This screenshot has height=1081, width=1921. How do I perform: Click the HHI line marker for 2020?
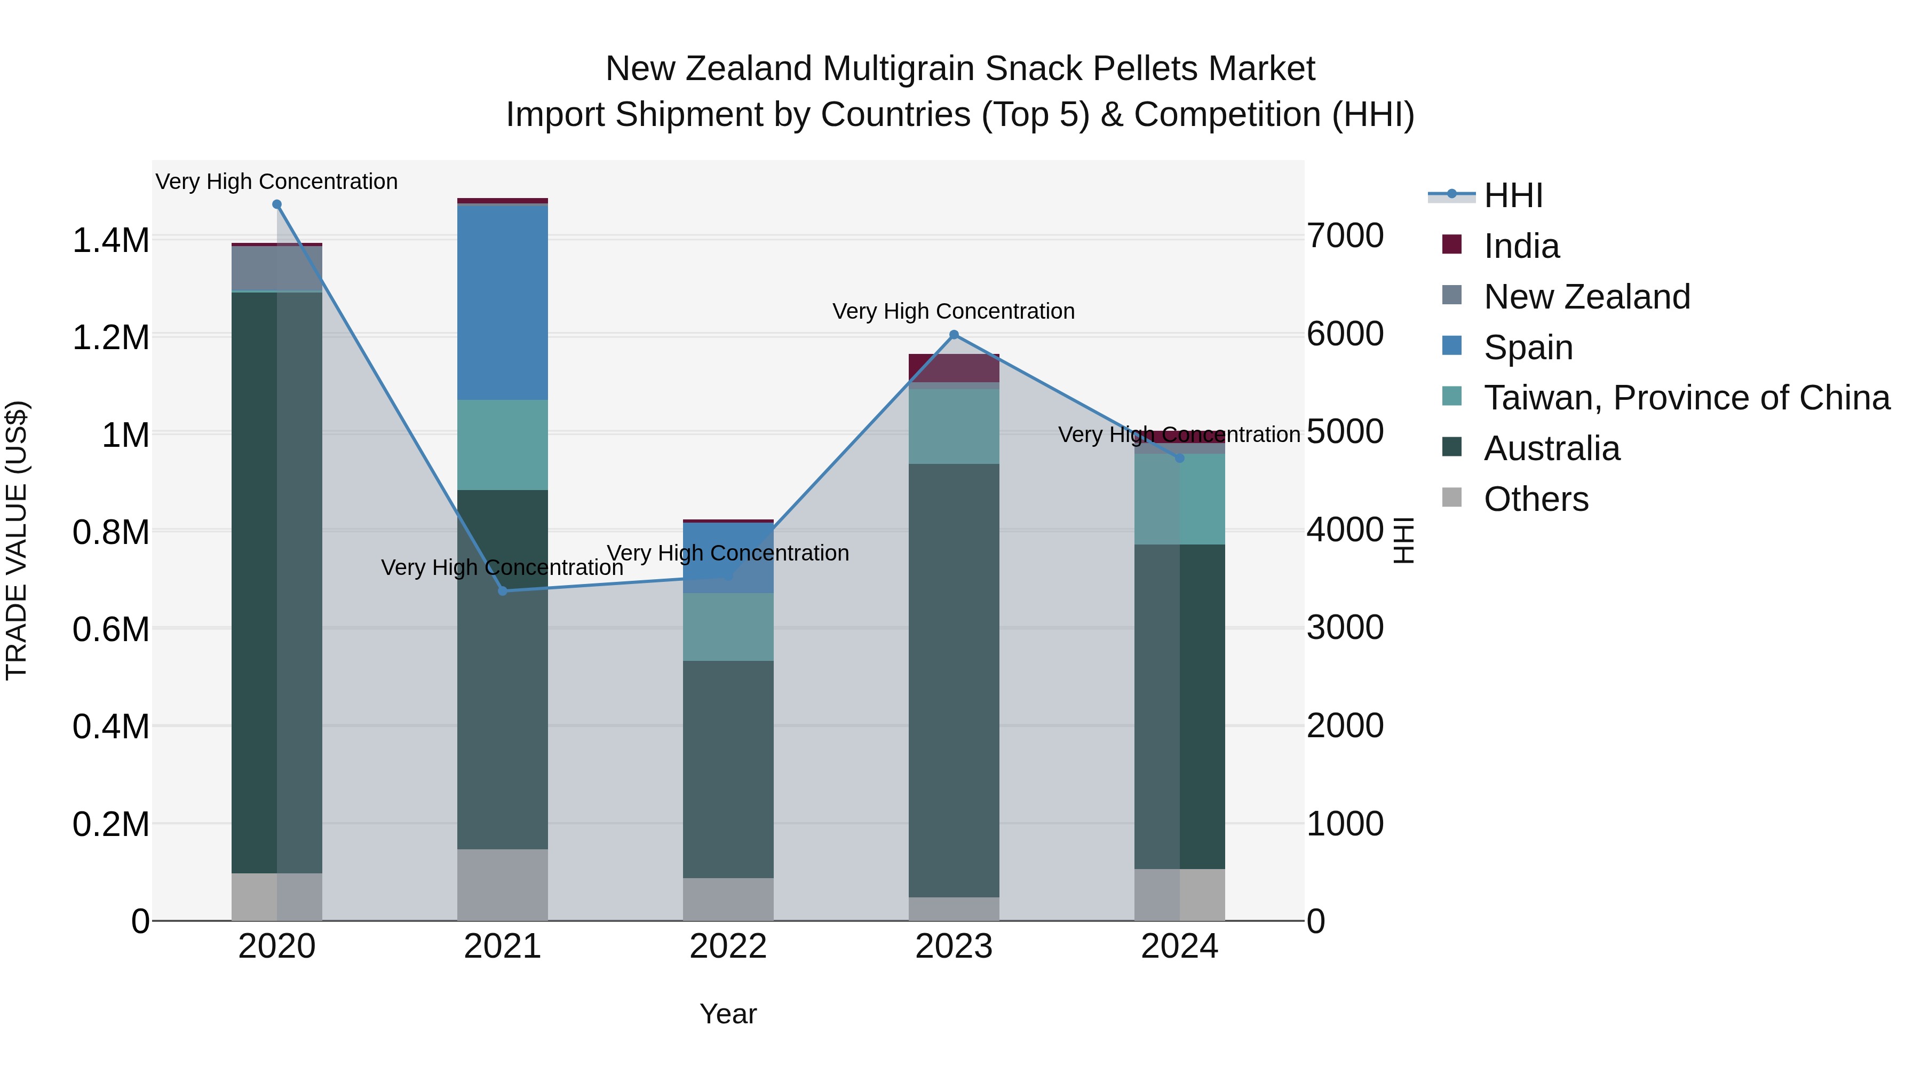click(276, 204)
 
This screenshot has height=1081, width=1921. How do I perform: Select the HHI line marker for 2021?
click(503, 591)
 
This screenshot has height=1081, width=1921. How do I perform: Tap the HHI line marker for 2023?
click(954, 335)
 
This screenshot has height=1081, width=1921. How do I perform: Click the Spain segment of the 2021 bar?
click(503, 302)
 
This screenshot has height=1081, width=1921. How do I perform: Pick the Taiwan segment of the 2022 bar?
click(728, 627)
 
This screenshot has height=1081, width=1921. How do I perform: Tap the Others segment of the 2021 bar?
click(503, 885)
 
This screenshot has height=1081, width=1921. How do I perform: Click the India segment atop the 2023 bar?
click(954, 368)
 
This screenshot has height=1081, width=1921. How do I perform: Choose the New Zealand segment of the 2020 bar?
click(276, 269)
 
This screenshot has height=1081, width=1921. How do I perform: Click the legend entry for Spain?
click(1528, 348)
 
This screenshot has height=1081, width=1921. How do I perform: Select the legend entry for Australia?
click(1551, 449)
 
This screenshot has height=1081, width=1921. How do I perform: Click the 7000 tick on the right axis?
click(1345, 236)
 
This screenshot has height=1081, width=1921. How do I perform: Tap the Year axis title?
click(728, 1014)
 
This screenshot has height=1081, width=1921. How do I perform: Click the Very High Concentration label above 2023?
click(953, 311)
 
